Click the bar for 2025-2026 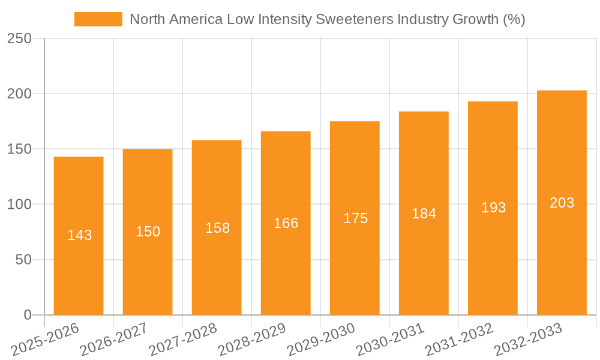(79, 236)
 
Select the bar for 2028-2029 (286, 223)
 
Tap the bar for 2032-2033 (562, 203)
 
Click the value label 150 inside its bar (148, 232)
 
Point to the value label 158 (217, 228)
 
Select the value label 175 (355, 218)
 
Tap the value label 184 (424, 214)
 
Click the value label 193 (493, 208)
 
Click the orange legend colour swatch (98, 19)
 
